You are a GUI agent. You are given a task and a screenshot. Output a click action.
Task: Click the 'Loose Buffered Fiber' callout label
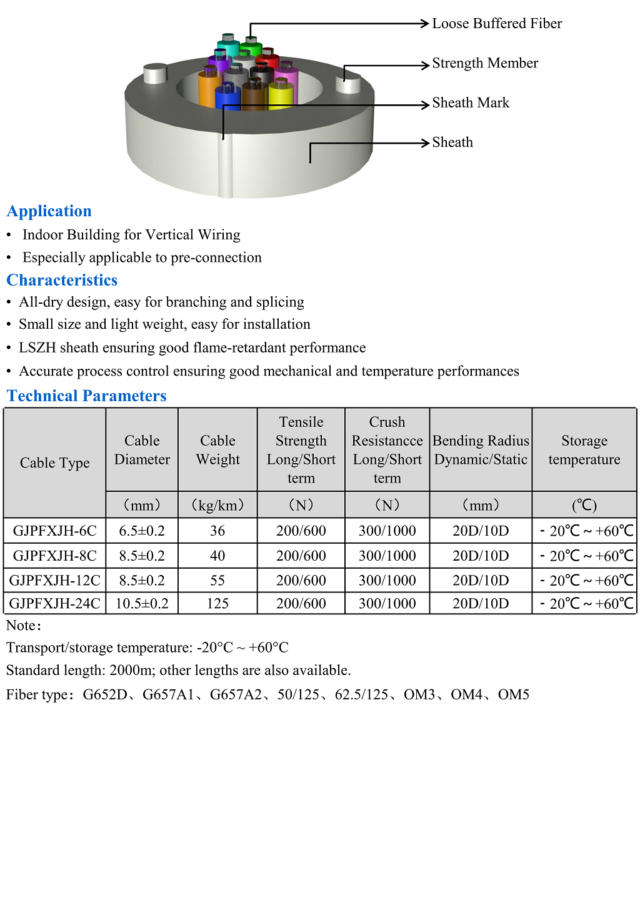[x=497, y=24]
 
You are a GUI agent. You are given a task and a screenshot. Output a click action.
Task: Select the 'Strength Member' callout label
[x=485, y=63]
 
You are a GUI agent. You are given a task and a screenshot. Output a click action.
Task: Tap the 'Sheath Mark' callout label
[x=471, y=102]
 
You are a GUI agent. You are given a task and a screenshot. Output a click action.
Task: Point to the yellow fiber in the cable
[x=281, y=96]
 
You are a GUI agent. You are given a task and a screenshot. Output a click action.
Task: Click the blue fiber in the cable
[x=227, y=99]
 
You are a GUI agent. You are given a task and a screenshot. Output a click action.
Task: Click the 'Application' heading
[x=49, y=211]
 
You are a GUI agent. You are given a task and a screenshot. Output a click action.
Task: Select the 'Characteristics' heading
[x=62, y=280]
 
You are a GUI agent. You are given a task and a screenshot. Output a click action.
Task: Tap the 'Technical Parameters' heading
[x=87, y=396]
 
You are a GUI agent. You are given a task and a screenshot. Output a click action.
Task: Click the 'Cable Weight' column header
[x=217, y=450]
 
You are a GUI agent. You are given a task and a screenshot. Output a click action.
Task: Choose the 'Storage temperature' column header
[x=584, y=450]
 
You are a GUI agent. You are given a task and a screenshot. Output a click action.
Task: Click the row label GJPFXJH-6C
[x=55, y=531]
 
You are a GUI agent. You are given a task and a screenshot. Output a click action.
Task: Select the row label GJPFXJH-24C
[x=55, y=603]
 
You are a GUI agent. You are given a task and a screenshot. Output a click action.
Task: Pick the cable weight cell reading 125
[x=217, y=603]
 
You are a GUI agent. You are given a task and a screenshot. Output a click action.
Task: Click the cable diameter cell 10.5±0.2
[x=142, y=603]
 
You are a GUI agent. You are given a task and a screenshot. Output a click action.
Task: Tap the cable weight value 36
[x=217, y=531]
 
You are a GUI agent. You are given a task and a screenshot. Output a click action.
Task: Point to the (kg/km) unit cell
[x=217, y=505]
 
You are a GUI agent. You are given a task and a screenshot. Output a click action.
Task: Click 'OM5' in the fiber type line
[x=514, y=694]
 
